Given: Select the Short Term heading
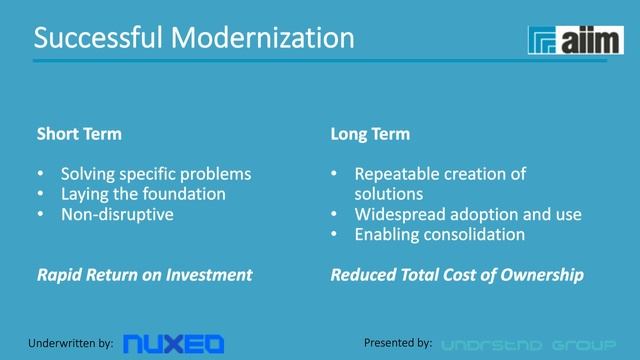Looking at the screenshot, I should (x=79, y=133).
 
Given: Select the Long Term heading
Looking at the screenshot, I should (x=370, y=133).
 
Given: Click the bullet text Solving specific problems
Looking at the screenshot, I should (x=156, y=173).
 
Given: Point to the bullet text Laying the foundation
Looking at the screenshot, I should (x=143, y=194).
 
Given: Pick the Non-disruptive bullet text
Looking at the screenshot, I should (x=116, y=214).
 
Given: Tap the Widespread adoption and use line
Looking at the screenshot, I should (x=467, y=214).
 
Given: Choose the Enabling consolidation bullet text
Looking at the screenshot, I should (x=439, y=235).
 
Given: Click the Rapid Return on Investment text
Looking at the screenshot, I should (x=144, y=275).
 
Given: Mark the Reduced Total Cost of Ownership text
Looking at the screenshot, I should (x=457, y=275).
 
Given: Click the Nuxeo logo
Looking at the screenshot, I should (x=173, y=343).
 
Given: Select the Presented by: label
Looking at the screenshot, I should (x=398, y=343).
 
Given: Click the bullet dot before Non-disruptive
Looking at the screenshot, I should (x=41, y=214).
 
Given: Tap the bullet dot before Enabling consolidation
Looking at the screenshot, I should (x=335, y=235).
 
